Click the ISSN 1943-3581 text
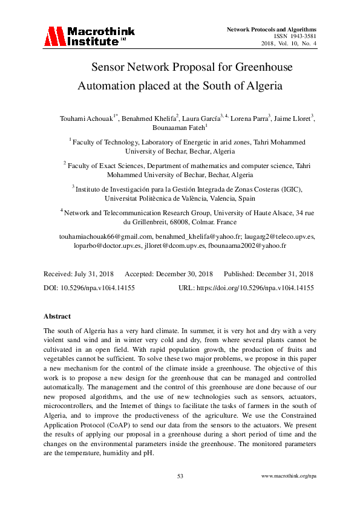pyautogui.click(x=295, y=36)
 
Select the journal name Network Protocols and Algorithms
pyautogui.click(x=272, y=29)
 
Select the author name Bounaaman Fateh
pyautogui.click(x=178, y=128)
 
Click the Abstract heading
pyautogui.click(x=57, y=316)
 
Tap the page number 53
pyautogui.click(x=180, y=476)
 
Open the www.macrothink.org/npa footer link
pyautogui.click(x=289, y=476)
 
